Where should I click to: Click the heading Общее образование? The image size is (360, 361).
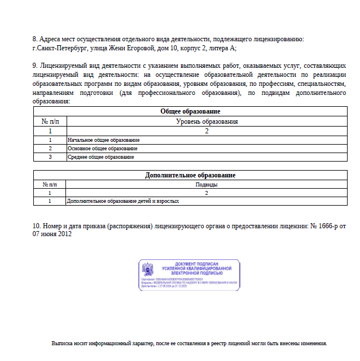pos(190,112)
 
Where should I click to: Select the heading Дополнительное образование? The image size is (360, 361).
pos(190,176)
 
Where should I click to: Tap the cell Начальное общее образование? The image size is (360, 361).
pos(103,140)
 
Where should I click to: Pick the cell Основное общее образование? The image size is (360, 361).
pos(103,148)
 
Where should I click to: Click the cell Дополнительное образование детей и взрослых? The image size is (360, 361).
pos(115,201)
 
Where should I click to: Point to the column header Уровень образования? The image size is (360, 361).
pos(207,121)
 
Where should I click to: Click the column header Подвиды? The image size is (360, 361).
pos(207,184)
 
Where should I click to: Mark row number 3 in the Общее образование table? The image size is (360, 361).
pos(50,156)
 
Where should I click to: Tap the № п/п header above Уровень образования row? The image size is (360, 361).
pos(50,121)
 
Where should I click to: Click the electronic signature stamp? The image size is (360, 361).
pos(190,275)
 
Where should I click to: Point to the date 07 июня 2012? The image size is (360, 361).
pos(52,234)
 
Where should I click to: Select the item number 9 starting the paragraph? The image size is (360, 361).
pos(35,66)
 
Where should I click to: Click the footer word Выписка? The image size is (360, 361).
pos(63,343)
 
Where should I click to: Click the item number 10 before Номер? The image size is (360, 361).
pos(37,226)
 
